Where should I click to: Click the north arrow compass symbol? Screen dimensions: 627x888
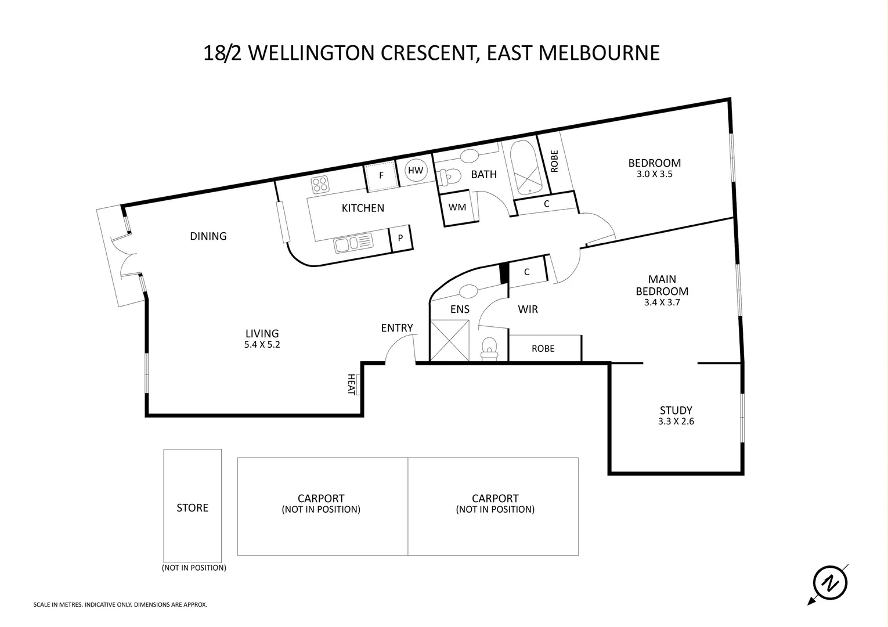830,582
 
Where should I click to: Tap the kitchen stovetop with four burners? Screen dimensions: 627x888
320,185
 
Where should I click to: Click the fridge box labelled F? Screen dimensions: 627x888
381,175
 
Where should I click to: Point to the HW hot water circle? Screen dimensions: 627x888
416,171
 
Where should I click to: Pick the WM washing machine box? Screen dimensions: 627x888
457,207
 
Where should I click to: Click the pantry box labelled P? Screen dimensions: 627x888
400,238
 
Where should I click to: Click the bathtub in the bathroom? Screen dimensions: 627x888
526,168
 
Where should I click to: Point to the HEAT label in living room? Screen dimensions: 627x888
351,384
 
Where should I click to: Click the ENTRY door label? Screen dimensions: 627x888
397,328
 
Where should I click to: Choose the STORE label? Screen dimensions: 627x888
192,508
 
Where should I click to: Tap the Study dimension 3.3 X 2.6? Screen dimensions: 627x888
676,421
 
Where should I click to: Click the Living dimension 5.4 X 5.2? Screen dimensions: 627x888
262,344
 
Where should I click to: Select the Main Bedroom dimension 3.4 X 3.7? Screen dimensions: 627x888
662,302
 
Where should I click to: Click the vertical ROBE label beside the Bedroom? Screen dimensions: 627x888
554,161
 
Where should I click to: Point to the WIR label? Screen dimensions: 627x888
528,309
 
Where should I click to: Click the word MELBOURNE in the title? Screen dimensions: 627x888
600,53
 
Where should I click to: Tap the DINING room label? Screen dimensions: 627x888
208,236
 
